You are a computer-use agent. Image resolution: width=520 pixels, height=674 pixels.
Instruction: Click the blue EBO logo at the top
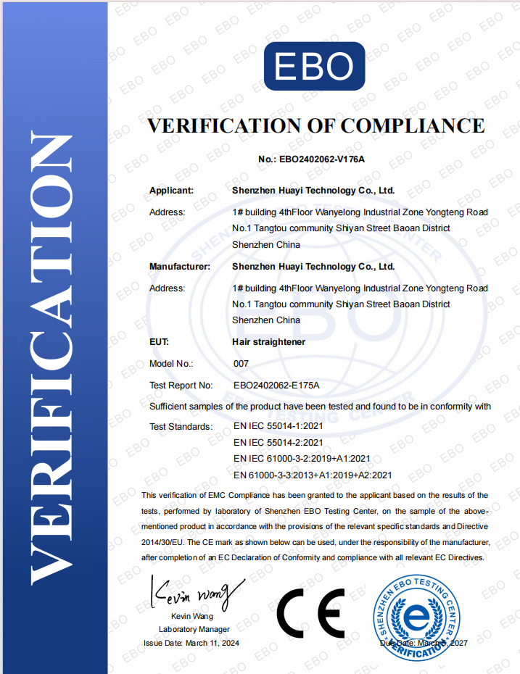(314, 66)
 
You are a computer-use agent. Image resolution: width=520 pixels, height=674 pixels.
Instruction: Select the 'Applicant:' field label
(171, 191)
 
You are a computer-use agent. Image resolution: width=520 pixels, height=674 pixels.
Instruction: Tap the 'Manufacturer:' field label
(180, 267)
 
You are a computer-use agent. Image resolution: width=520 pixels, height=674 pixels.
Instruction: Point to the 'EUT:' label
(160, 341)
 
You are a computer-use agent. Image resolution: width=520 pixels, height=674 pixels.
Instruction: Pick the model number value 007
(242, 363)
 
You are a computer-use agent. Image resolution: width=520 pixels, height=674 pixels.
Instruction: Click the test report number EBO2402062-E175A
(276, 386)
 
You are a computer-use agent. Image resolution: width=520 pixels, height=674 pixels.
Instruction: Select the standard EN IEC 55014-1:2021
(279, 426)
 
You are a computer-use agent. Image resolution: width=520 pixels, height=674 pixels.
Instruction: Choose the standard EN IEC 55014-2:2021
(279, 442)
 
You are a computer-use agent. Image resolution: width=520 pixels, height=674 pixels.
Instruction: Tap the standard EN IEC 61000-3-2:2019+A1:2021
(302, 459)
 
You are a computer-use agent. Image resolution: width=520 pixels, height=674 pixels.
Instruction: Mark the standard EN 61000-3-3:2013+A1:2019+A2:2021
(313, 475)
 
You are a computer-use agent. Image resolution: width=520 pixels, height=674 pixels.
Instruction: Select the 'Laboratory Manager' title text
(194, 629)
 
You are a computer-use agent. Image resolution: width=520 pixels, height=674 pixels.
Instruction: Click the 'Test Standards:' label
(181, 426)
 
